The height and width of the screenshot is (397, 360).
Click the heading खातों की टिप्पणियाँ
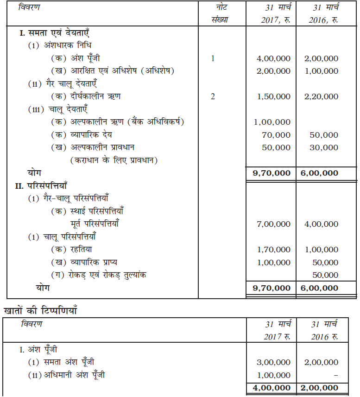click(x=39, y=310)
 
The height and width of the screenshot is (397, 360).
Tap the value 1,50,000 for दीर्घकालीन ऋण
click(x=273, y=96)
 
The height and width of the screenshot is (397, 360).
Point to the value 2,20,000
click(x=321, y=96)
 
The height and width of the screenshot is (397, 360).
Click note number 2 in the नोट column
click(x=213, y=96)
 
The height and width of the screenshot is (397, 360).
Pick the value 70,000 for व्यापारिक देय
click(x=278, y=135)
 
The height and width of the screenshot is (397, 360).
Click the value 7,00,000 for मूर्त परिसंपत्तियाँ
click(x=273, y=224)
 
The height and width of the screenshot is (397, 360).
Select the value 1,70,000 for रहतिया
click(x=273, y=250)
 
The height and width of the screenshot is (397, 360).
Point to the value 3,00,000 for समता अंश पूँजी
click(x=273, y=362)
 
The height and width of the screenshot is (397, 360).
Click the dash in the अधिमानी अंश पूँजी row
click(x=335, y=375)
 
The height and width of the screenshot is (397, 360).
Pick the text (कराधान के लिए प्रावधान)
click(x=114, y=160)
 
